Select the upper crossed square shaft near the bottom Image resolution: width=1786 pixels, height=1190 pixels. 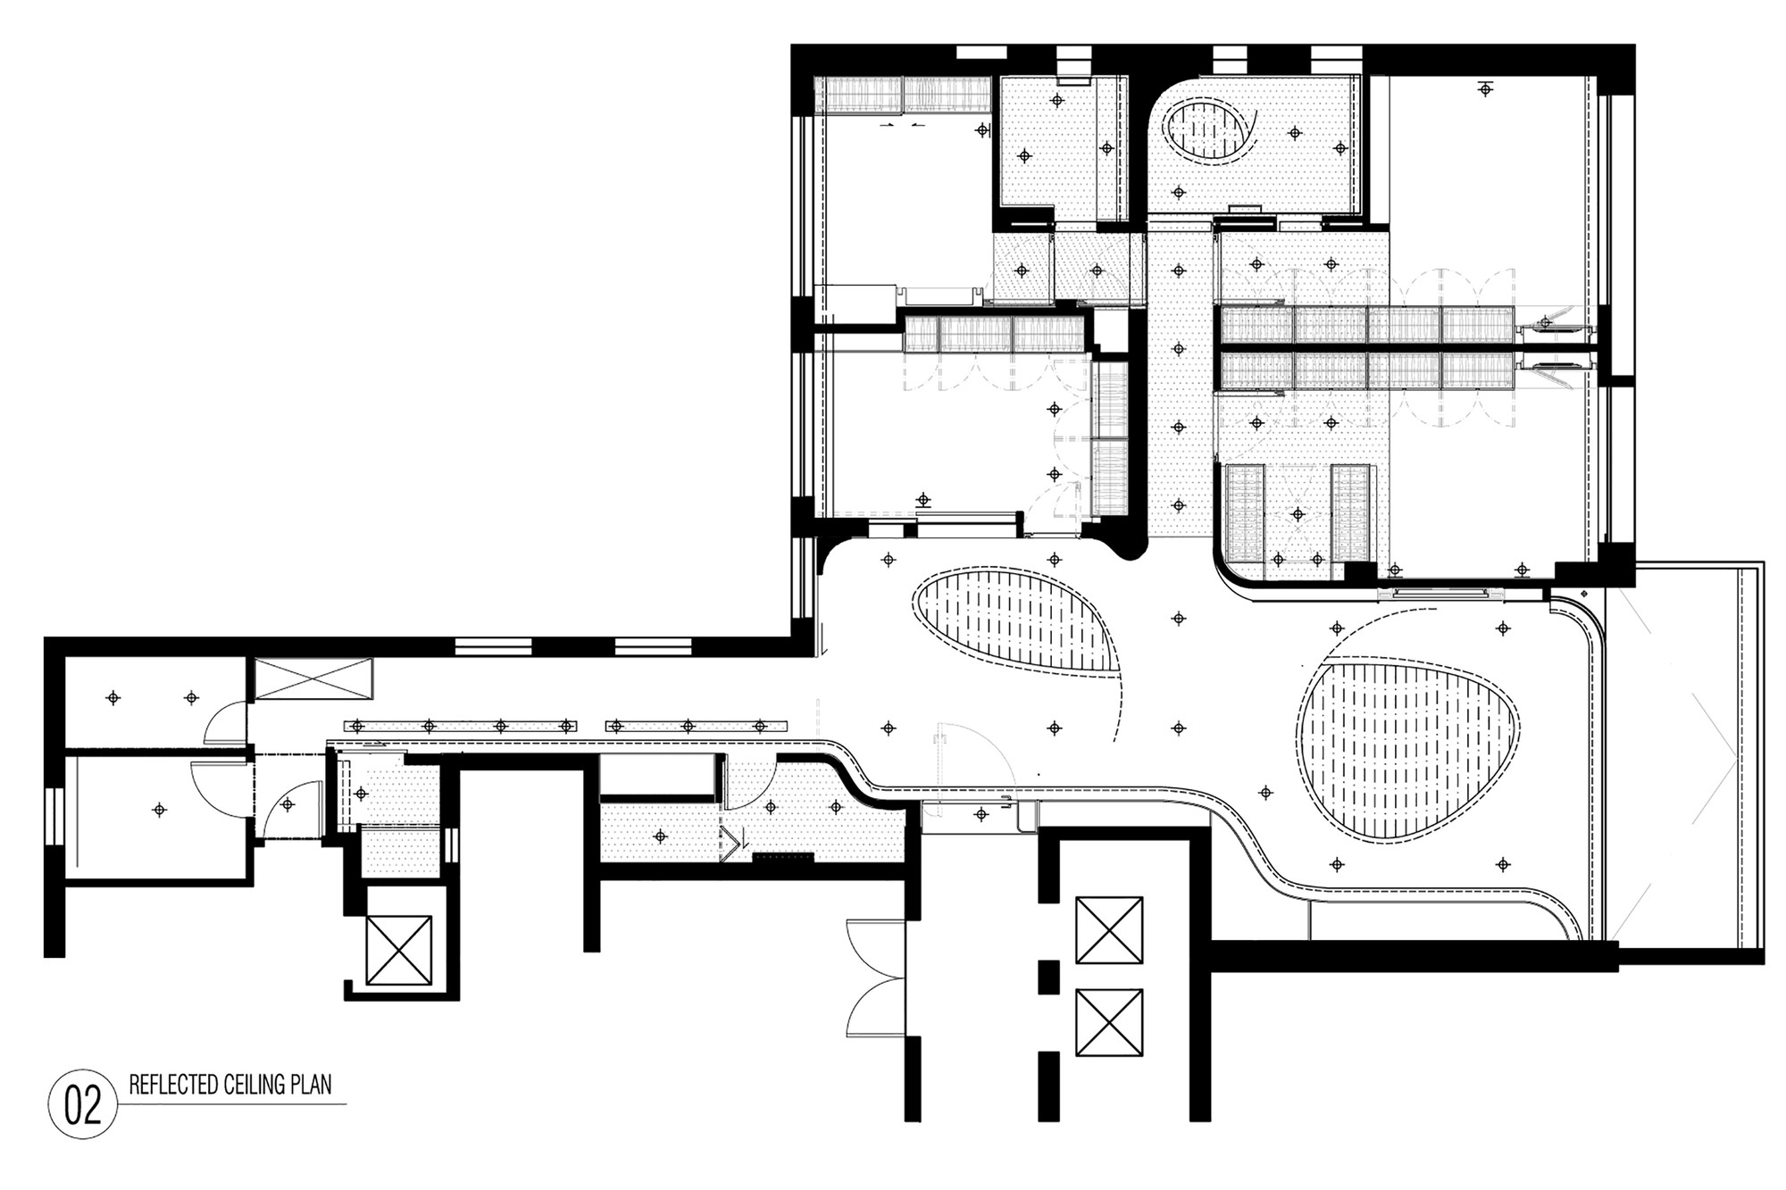(1109, 931)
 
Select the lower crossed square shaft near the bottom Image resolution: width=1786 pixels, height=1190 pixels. (1109, 1022)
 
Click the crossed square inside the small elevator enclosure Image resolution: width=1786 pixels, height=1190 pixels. (399, 950)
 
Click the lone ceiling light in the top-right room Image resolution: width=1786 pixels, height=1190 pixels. (1485, 88)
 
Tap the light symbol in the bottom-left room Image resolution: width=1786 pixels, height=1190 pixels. (159, 810)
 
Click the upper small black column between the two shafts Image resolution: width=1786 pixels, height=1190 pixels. (1047, 977)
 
